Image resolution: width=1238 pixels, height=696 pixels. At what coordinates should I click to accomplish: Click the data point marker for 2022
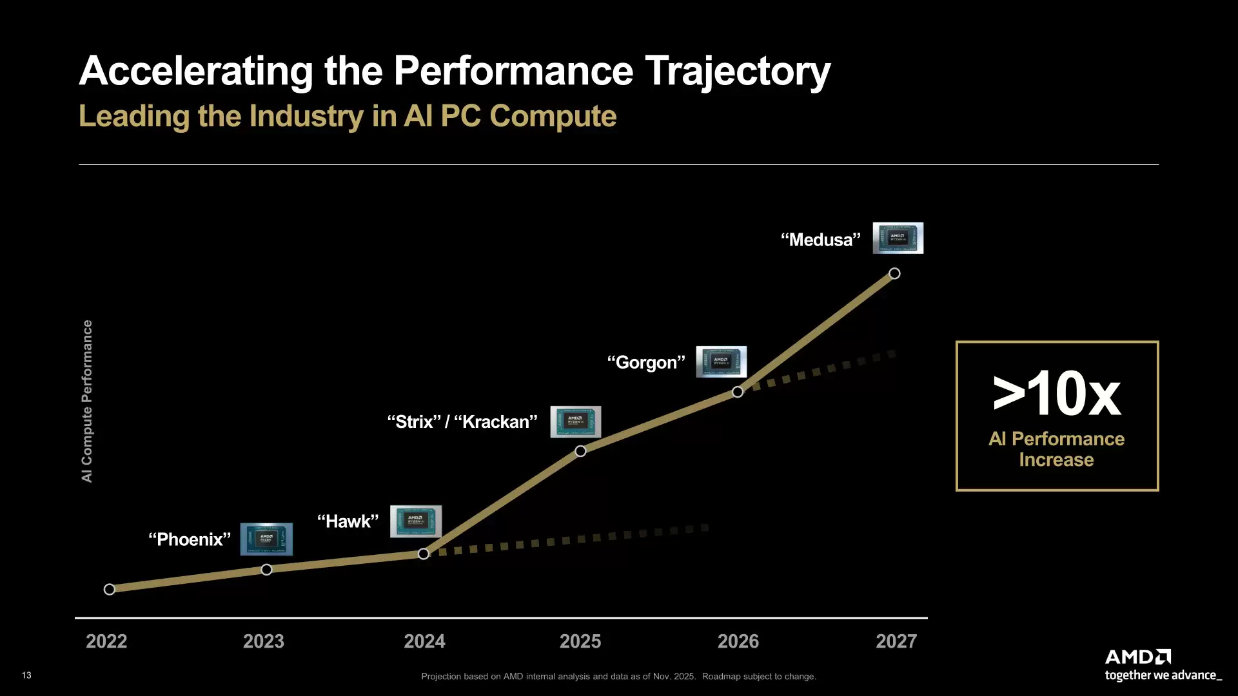(110, 589)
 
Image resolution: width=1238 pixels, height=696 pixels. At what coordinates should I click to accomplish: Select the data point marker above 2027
(894, 273)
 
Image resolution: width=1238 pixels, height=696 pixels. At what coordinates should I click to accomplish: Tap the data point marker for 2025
(580, 451)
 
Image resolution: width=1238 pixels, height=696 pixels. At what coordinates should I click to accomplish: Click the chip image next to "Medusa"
(898, 238)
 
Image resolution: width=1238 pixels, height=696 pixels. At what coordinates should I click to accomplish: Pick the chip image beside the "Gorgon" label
(721, 362)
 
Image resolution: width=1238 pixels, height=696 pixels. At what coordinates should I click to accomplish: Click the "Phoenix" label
(190, 539)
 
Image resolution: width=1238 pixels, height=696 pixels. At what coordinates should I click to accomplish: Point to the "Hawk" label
(348, 521)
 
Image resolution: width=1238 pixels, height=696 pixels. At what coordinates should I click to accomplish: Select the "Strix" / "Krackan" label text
(462, 422)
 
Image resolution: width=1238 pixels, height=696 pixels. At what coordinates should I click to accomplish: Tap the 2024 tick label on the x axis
(424, 641)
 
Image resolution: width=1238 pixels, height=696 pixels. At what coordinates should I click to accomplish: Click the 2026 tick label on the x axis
(738, 641)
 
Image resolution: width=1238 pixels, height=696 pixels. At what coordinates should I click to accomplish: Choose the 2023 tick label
(263, 641)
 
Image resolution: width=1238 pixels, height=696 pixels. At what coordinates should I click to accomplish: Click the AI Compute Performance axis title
(87, 401)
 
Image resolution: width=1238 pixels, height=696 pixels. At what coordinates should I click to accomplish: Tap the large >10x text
(1056, 394)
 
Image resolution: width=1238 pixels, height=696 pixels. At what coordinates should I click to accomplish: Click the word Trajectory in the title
(738, 71)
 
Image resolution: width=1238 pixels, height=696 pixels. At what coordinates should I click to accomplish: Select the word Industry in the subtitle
(306, 117)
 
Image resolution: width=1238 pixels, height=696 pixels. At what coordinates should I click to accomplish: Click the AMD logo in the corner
(1138, 657)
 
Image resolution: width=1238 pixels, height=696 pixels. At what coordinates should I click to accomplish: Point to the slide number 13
(26, 675)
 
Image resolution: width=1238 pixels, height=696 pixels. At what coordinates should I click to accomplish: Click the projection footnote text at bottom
(618, 677)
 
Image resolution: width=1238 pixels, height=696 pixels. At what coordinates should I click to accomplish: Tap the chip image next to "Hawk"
(415, 521)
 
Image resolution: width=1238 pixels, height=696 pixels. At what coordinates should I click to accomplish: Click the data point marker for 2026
(738, 392)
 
